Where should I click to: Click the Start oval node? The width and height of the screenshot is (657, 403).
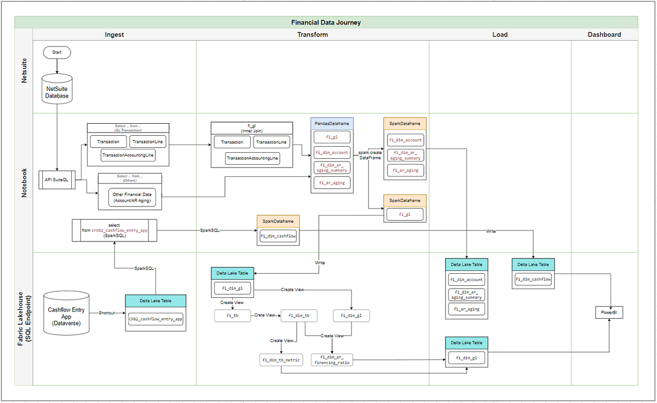(57, 52)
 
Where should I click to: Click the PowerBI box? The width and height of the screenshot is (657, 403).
(609, 313)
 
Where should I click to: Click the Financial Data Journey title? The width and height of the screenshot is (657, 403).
(326, 22)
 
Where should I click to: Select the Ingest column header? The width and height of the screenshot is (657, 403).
(114, 34)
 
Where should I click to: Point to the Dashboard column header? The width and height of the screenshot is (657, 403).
(604, 34)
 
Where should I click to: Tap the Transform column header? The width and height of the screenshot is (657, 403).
(313, 34)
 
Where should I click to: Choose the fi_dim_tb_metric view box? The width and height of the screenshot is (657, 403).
(281, 360)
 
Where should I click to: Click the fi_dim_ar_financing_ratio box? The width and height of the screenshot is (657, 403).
(332, 359)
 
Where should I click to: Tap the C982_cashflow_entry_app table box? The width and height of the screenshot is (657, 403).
(155, 319)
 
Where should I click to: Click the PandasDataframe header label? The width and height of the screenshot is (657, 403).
(332, 123)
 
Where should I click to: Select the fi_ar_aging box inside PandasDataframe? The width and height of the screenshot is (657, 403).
(332, 183)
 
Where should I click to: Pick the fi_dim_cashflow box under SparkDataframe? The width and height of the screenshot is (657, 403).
(278, 236)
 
